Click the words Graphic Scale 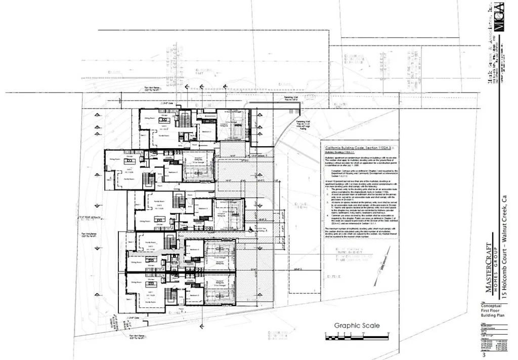(x=357, y=326)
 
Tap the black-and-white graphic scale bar (x=357, y=335)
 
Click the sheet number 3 (x=484, y=355)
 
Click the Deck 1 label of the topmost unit (x=143, y=136)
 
